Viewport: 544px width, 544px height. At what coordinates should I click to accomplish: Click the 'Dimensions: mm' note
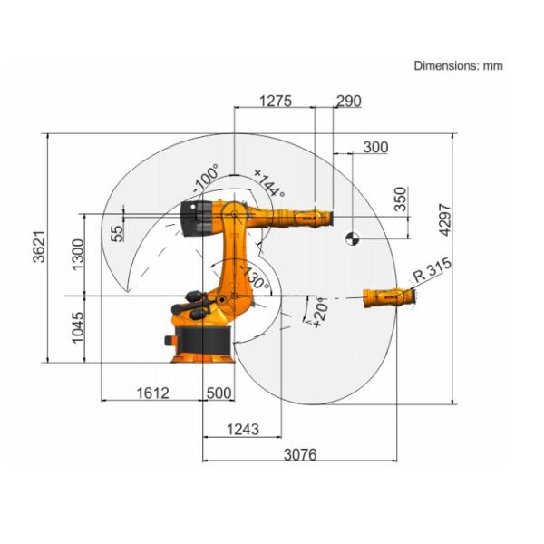click(458, 65)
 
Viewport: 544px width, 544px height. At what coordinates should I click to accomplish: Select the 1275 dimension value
click(275, 101)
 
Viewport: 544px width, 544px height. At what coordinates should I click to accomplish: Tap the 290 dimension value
click(348, 101)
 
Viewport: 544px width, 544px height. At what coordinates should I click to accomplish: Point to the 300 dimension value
click(374, 147)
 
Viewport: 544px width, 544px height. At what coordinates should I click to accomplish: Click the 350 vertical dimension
click(401, 199)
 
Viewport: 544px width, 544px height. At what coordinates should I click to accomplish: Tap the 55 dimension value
click(117, 232)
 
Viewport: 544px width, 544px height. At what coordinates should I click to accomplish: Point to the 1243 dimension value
click(243, 428)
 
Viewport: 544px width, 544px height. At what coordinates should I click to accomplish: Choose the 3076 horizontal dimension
click(298, 454)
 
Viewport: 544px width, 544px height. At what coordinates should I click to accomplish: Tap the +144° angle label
click(268, 183)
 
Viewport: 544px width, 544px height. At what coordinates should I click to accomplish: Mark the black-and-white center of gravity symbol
click(352, 239)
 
